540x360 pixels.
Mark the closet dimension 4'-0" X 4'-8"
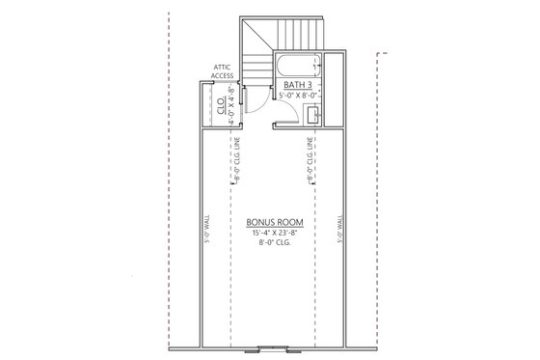coord(231,102)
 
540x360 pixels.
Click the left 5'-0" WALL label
coord(207,232)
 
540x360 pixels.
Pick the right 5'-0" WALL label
coord(339,232)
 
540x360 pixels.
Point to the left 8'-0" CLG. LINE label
coord(236,160)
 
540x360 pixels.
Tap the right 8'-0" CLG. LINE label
coord(309,160)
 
